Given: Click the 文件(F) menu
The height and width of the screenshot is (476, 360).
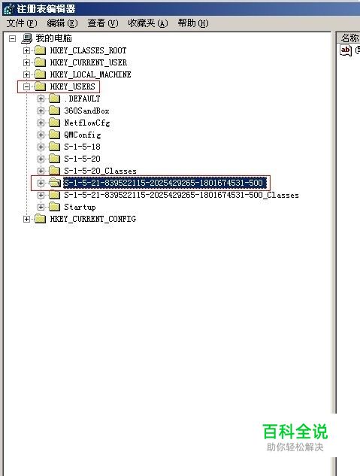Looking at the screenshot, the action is [x=22, y=23].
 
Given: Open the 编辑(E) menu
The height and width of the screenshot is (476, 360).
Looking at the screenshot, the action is [x=62, y=23].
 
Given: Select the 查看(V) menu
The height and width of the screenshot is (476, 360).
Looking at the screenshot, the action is [x=102, y=23].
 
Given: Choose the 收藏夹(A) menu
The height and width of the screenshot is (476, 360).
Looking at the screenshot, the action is [x=148, y=23].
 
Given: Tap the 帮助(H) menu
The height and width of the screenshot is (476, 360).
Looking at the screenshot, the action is [x=193, y=23].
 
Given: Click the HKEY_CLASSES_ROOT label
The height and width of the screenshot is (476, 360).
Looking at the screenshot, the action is [x=88, y=50].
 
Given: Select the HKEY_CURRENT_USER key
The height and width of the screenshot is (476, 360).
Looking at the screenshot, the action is [x=88, y=62].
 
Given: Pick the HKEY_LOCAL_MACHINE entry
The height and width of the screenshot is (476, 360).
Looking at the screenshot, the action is [x=90, y=74].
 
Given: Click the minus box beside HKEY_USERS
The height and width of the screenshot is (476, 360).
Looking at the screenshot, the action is [x=27, y=86].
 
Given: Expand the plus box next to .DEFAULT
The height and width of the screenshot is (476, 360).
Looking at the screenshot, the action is [x=41, y=99].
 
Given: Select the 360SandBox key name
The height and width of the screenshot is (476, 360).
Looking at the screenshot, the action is [x=86, y=111].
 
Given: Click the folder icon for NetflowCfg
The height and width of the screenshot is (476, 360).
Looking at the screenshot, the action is [x=55, y=123].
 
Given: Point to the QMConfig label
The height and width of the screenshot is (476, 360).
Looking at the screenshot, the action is [x=82, y=135].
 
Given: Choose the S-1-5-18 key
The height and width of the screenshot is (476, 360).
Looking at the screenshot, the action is [x=82, y=147].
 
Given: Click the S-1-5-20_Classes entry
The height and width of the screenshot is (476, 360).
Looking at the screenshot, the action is [x=100, y=171].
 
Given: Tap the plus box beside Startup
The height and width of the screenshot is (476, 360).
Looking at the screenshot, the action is [x=41, y=207].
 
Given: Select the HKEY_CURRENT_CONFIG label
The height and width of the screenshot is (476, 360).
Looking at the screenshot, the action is [x=92, y=219].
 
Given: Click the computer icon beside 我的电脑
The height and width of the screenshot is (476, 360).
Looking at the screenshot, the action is [x=27, y=38].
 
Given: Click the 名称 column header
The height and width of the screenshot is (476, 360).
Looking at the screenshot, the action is [x=349, y=38].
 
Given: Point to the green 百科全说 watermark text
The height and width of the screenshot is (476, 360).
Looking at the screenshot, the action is [x=295, y=432].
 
